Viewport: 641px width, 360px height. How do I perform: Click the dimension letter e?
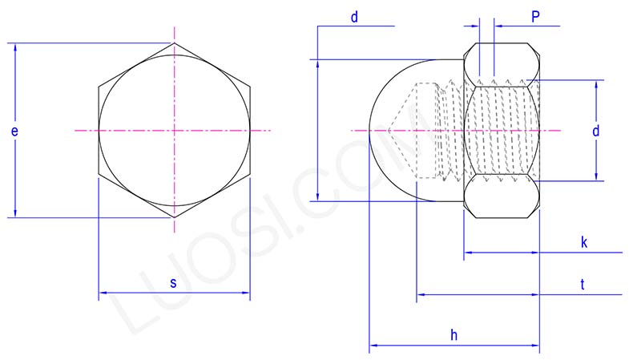[15, 131]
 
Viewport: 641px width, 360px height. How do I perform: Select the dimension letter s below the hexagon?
[173, 282]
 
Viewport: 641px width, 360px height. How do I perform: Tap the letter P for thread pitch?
[534, 15]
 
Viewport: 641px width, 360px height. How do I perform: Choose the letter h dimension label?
[454, 336]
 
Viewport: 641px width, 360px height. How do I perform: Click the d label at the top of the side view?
[353, 17]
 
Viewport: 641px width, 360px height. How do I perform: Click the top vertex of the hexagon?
[174, 43]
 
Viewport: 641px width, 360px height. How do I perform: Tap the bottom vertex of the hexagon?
[174, 217]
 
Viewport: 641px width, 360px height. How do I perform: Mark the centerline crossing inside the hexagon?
[174, 130]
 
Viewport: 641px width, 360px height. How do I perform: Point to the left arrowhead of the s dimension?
[103, 293]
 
